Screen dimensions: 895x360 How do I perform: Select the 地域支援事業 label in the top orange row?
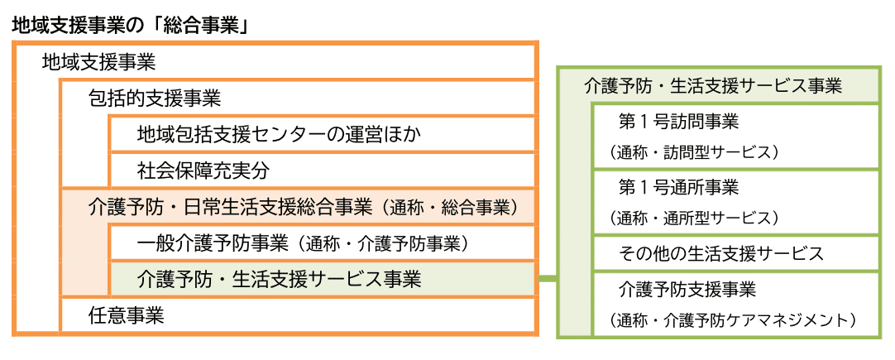tap(98, 62)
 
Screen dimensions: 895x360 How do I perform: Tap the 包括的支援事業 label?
tap(155, 98)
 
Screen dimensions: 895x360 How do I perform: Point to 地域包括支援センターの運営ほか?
tap(280, 135)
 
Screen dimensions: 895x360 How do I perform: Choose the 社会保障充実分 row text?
tap(203, 170)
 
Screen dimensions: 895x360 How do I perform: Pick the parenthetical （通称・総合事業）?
tap(448, 208)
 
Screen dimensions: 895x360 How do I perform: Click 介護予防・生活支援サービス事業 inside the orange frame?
tap(279, 280)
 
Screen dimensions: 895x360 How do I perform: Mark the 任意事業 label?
tap(127, 315)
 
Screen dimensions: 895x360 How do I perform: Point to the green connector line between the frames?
tap(547, 280)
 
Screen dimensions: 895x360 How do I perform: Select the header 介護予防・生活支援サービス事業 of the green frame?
tap(713, 86)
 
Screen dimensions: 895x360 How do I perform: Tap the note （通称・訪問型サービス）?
tap(693, 152)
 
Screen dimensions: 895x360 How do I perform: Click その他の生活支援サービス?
tap(721, 252)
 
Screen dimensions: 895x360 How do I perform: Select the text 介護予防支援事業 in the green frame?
tap(687, 290)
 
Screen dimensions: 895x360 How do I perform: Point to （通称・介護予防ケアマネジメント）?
tap(733, 320)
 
